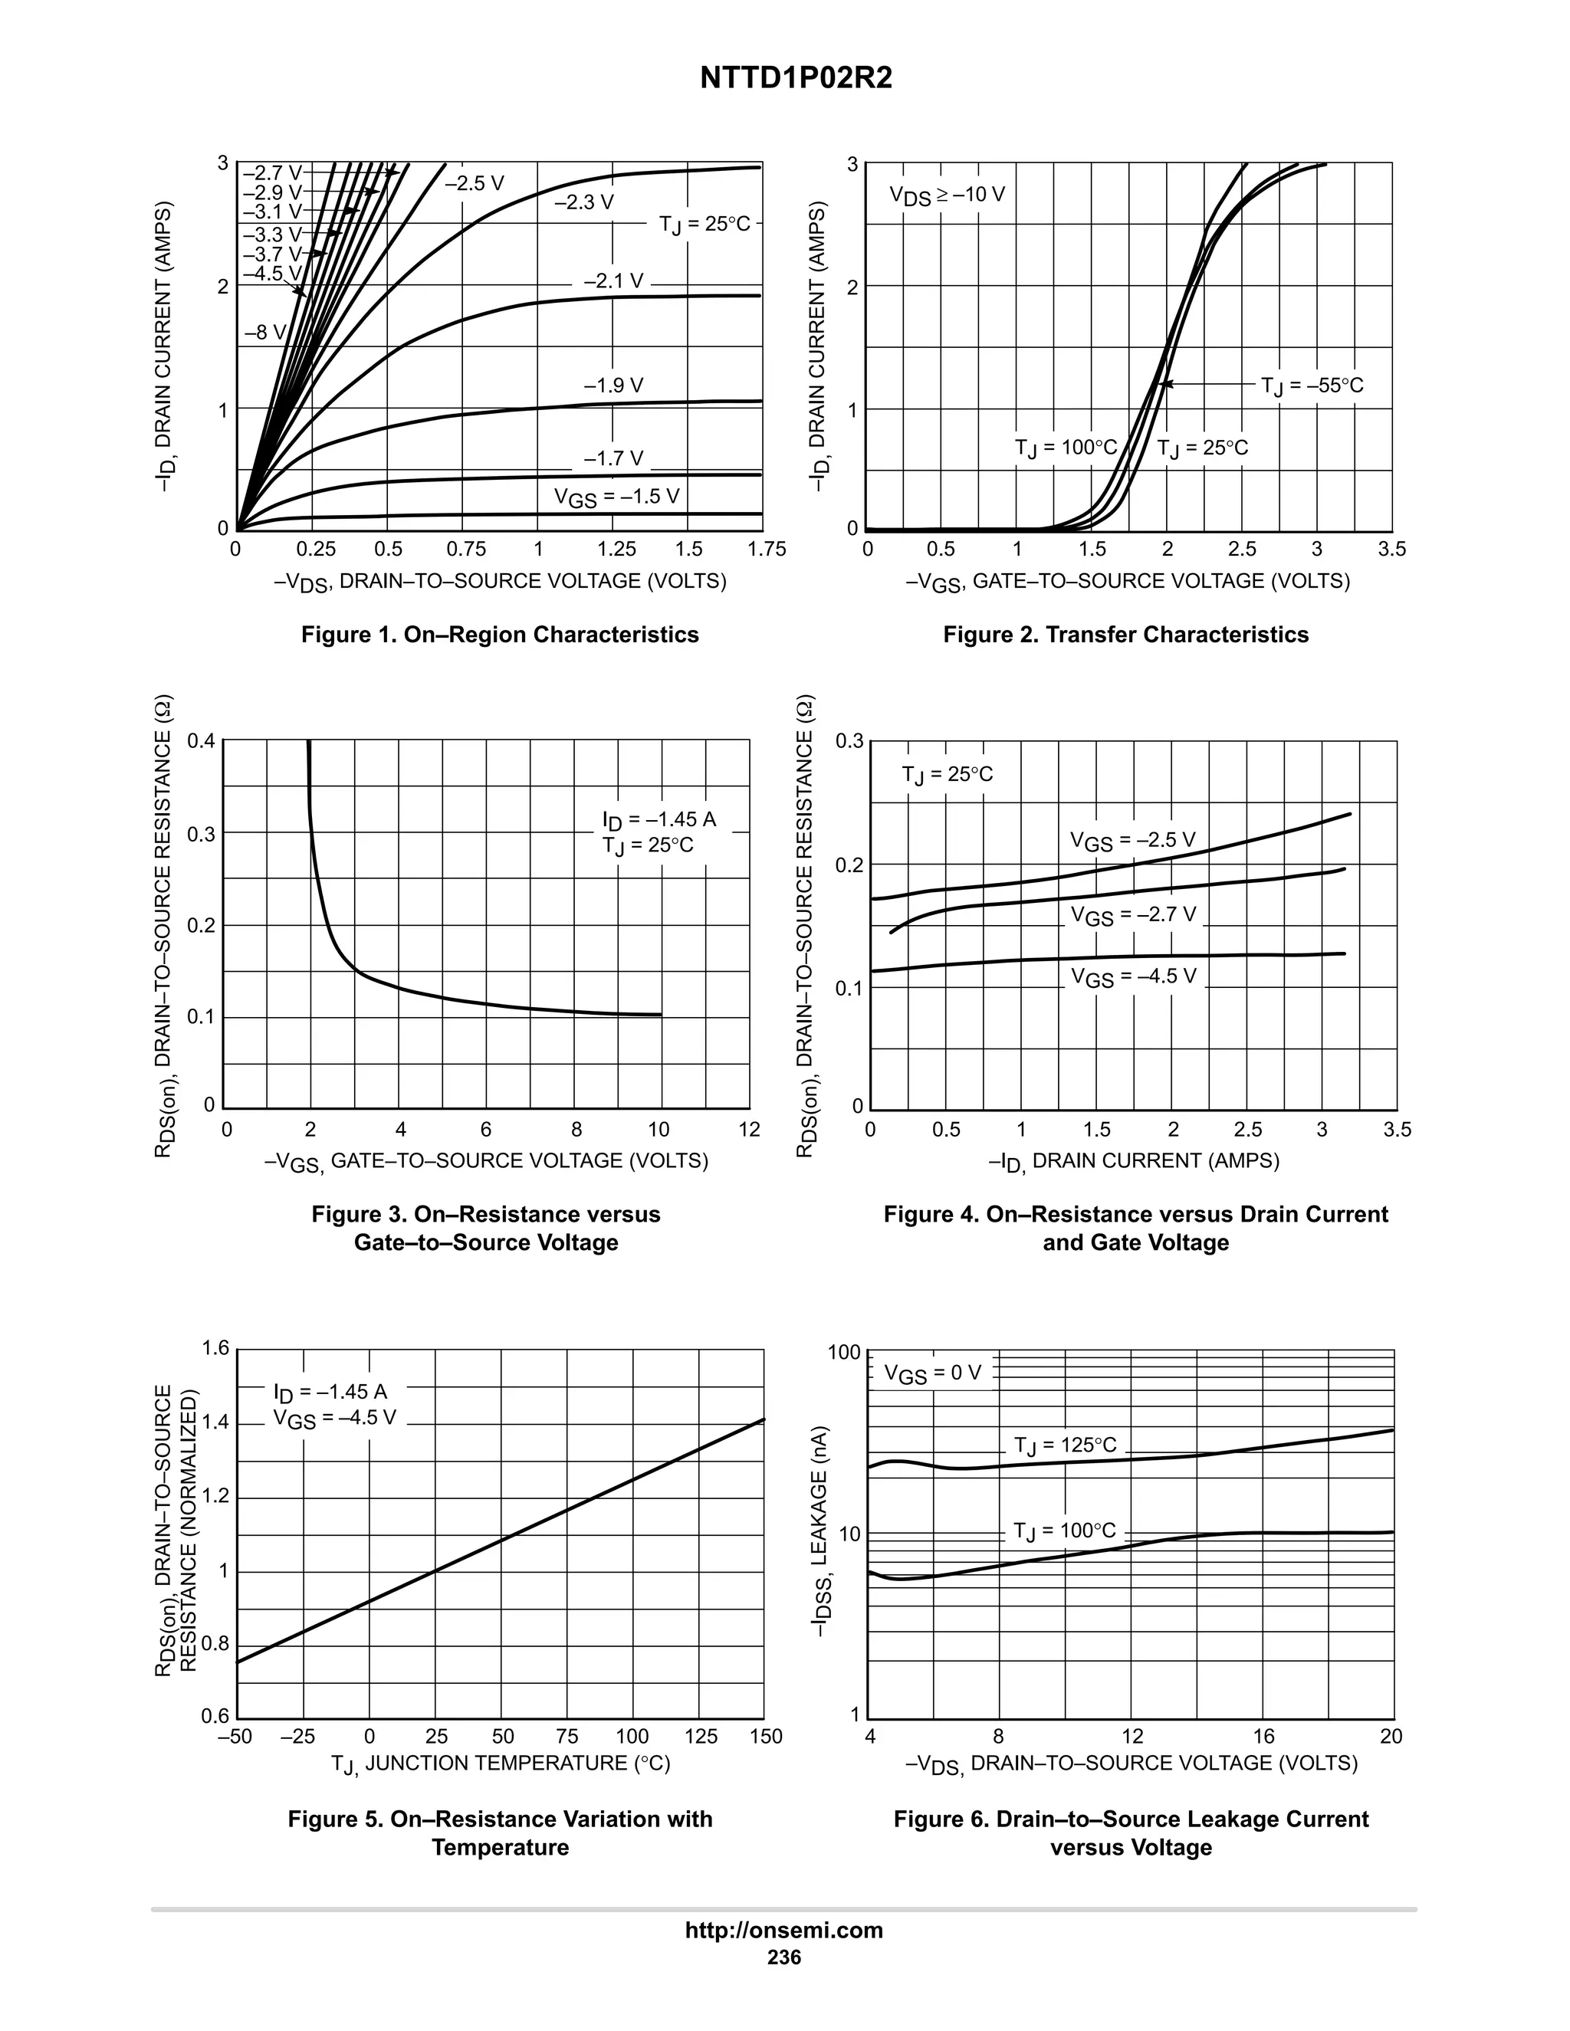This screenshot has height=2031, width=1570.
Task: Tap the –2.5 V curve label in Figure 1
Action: click(475, 183)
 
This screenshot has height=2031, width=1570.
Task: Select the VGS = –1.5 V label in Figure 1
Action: click(616, 497)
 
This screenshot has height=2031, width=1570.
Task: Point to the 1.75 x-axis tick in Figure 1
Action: click(767, 550)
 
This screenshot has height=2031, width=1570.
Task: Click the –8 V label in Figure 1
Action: click(266, 333)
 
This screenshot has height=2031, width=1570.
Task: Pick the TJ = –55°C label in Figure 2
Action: click(1312, 385)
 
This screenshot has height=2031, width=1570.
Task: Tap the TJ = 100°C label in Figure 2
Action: click(1066, 448)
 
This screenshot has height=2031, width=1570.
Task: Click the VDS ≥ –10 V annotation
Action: click(946, 195)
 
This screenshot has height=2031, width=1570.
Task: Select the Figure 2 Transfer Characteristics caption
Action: click(1125, 635)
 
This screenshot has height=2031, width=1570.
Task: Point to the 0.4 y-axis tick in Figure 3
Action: click(201, 741)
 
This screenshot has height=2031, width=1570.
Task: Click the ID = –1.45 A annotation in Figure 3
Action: click(659, 819)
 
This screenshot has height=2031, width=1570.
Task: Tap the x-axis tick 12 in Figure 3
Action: click(750, 1130)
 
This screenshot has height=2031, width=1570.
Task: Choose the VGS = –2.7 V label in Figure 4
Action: click(1133, 915)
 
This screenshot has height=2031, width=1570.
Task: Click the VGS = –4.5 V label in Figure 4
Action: click(1133, 977)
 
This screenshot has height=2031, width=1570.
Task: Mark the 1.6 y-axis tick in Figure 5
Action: click(215, 1348)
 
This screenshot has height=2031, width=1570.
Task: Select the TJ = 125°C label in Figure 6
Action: click(1065, 1445)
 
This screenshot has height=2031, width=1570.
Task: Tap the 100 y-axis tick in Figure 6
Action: click(845, 1352)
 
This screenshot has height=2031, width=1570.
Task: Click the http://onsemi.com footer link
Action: click(783, 1930)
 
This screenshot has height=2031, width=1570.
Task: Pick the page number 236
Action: click(783, 1957)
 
